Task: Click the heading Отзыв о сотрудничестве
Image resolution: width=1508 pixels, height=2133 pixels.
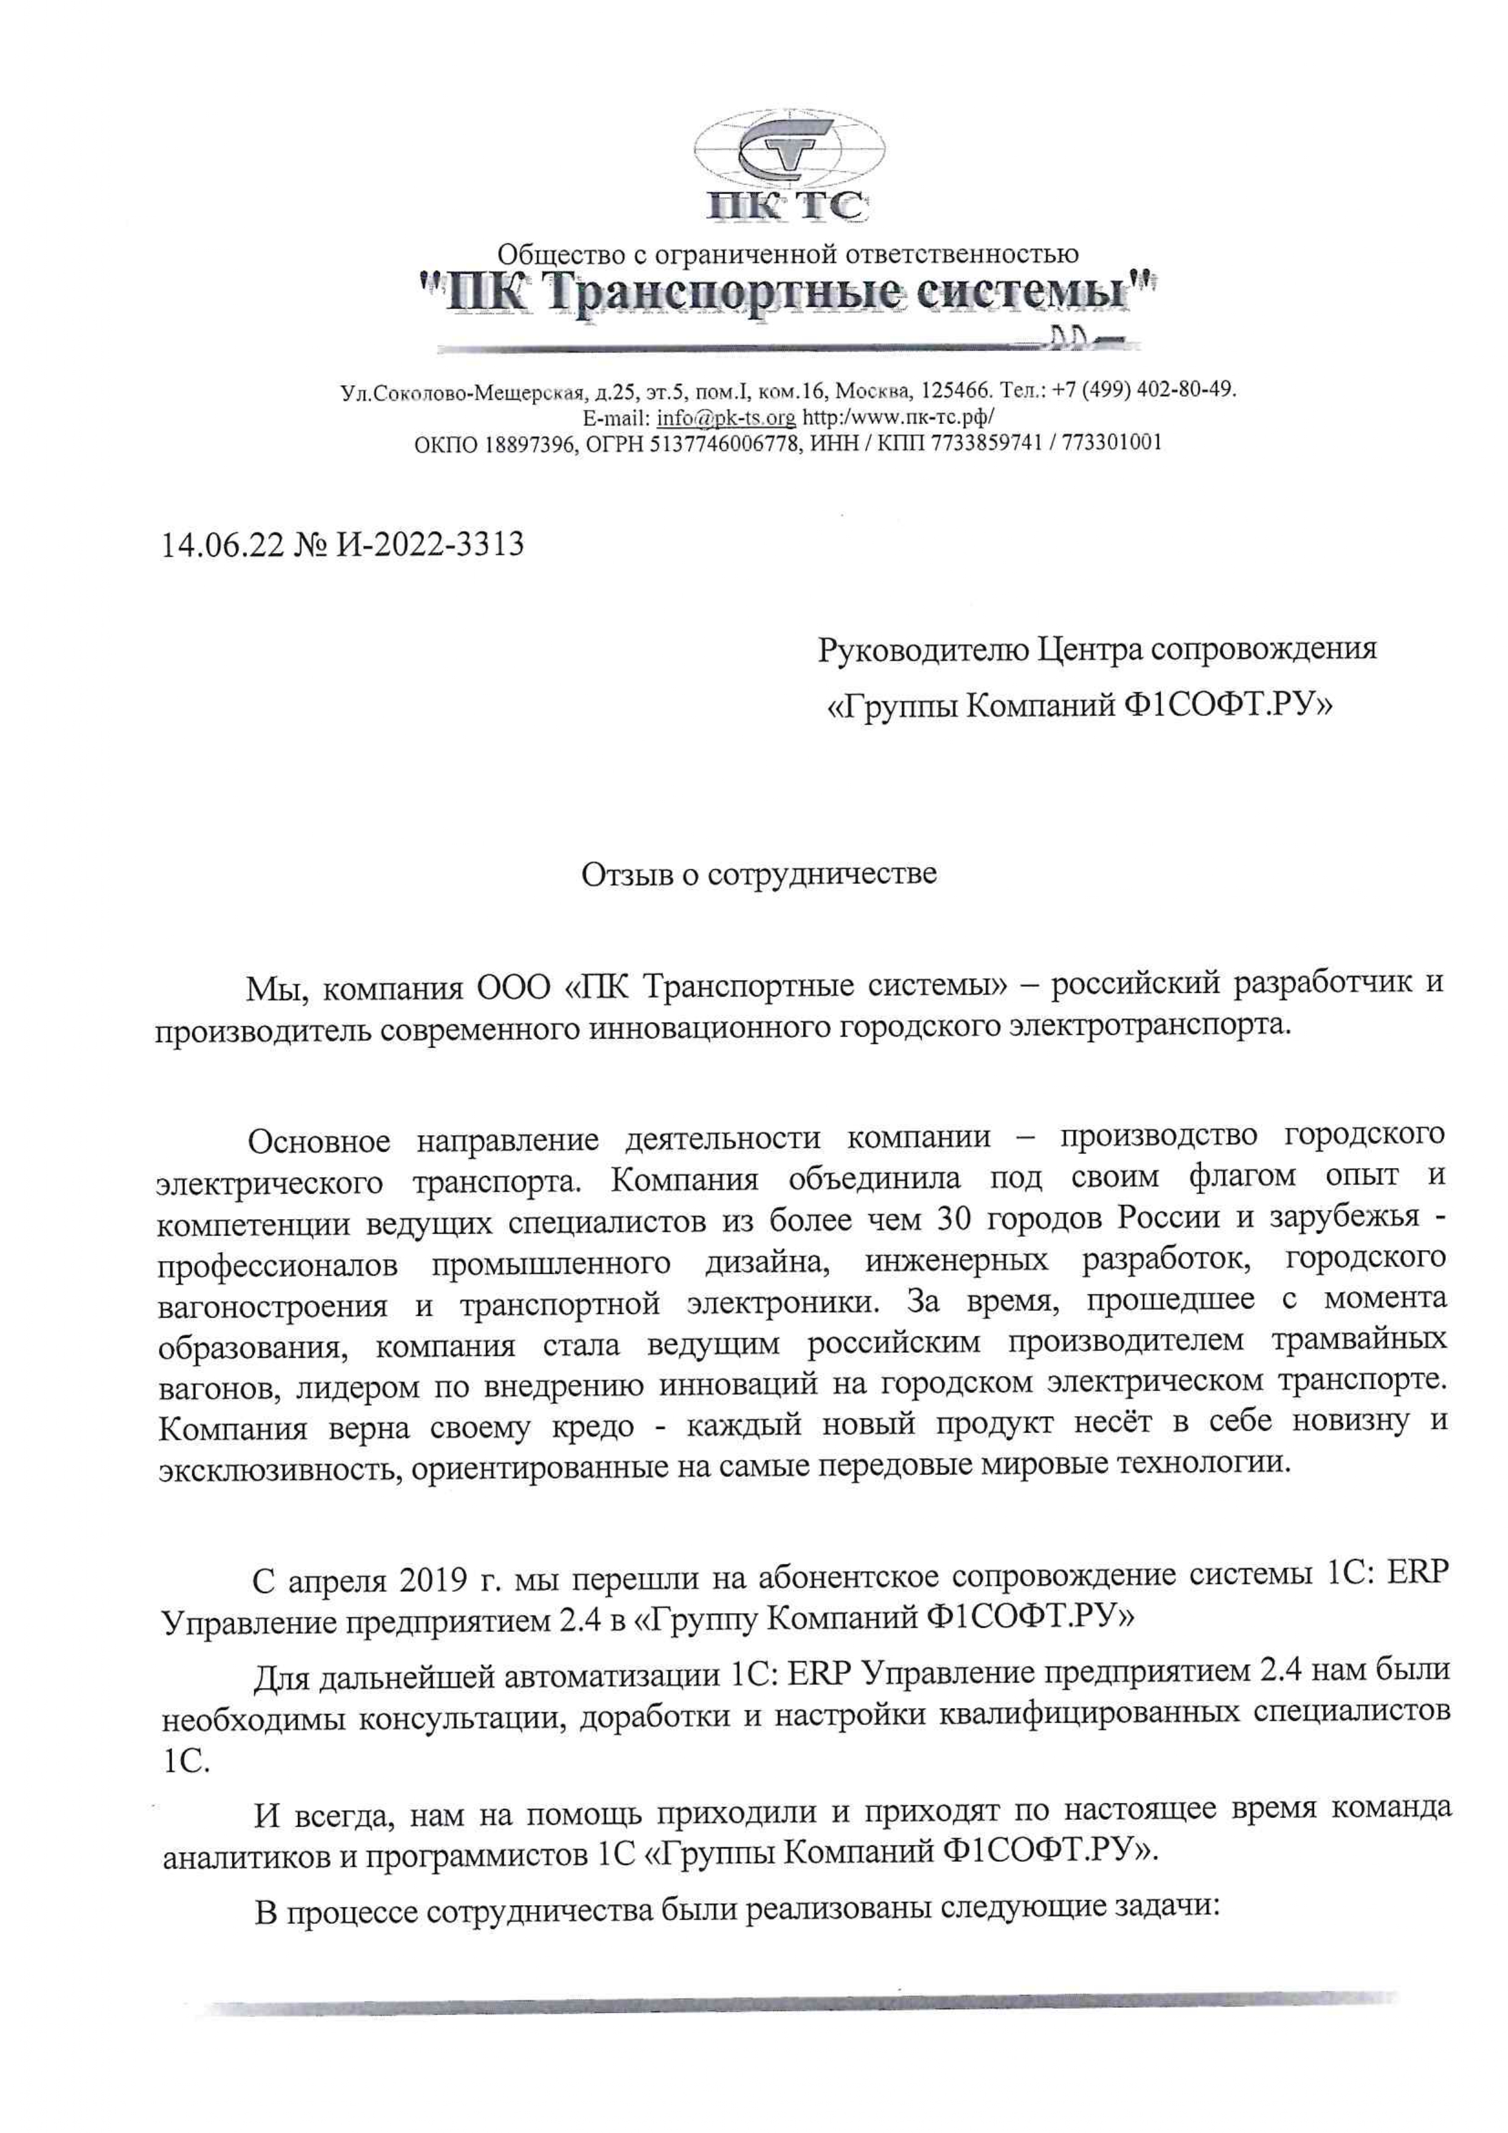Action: point(759,874)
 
